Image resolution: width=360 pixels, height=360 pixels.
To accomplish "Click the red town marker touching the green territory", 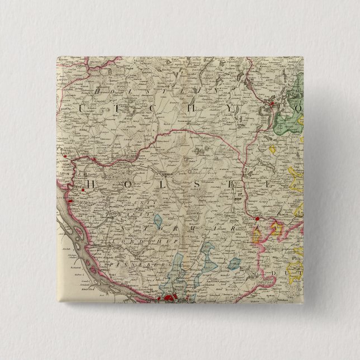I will click(272, 104).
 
